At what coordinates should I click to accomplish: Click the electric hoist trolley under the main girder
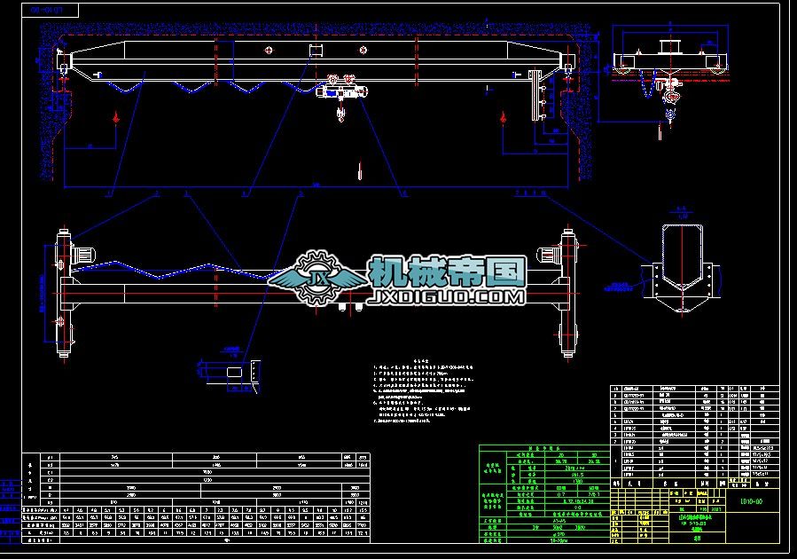point(341,89)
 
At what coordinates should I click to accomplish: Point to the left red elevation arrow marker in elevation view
point(115,116)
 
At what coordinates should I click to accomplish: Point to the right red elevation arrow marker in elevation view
point(503,116)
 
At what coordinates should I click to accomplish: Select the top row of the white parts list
point(694,388)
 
